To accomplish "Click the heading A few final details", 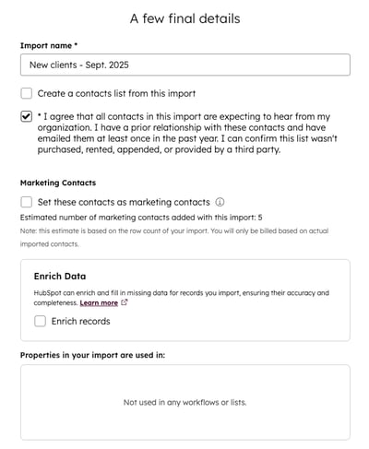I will click(x=184, y=18).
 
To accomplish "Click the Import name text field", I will click(x=184, y=65).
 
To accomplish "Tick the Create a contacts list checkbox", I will click(x=27, y=93).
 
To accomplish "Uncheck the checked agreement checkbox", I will click(x=27, y=117).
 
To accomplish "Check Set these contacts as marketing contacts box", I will click(x=27, y=202).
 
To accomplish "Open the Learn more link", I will click(x=99, y=302).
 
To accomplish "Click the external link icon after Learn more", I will click(x=125, y=302).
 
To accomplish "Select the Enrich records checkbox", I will click(x=41, y=321).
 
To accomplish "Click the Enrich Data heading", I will click(x=60, y=276).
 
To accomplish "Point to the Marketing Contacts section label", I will click(x=58, y=183).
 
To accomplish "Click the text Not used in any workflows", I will click(x=184, y=402).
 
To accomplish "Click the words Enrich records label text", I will click(x=81, y=321).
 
